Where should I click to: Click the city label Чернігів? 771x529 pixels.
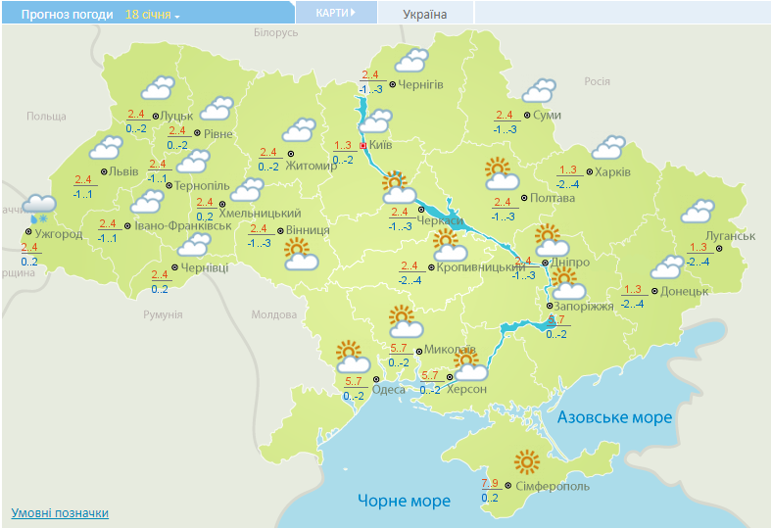coord(421,85)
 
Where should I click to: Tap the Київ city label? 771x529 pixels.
coord(381,145)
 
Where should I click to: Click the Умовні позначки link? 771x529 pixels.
coord(60,512)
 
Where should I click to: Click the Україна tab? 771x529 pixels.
coord(425,14)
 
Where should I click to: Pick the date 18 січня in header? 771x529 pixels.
coord(148,15)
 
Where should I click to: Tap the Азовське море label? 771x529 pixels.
coord(614,417)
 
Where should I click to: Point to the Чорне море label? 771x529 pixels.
coord(404,501)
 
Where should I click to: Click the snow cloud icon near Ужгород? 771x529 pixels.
coord(40,206)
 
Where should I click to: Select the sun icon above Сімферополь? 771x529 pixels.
coord(528,461)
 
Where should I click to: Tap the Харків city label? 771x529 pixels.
coord(612,172)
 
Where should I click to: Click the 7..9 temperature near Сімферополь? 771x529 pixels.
coord(491,483)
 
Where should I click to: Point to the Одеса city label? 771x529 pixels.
coord(389,389)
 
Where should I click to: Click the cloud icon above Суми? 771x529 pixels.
coord(539,91)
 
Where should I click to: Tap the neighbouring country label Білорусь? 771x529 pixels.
coord(274,33)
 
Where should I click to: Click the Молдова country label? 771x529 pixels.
coord(273,315)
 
